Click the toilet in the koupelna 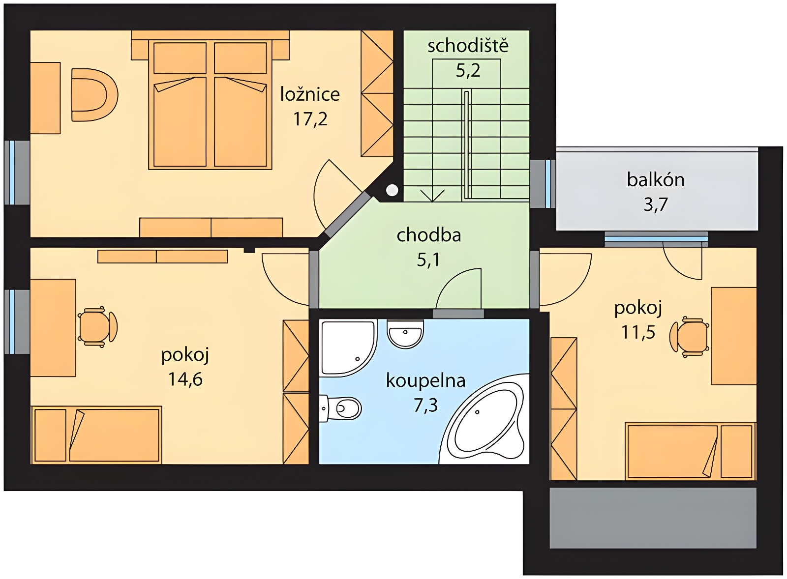(340, 408)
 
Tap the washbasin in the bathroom (405, 334)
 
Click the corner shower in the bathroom (348, 347)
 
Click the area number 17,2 (310, 119)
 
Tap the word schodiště (468, 46)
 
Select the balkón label (656, 180)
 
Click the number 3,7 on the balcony (656, 204)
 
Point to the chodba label (428, 235)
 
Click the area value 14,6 (185, 379)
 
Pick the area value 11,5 (638, 332)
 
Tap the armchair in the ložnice (94, 95)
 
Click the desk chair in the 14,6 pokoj (97, 326)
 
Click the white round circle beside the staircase (392, 190)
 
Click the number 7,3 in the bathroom (425, 405)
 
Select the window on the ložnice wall (12, 173)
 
